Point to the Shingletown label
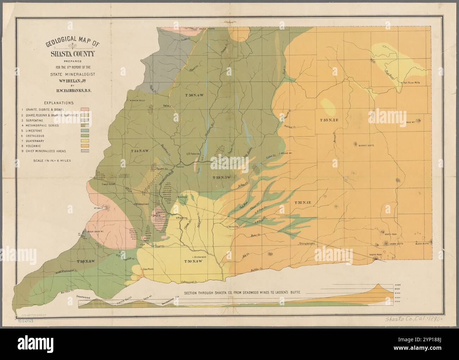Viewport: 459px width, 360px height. (x=308, y=244)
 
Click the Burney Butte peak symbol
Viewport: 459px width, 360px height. (x=355, y=144)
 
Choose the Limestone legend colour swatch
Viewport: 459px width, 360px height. (x=85, y=130)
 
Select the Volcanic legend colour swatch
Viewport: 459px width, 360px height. (x=85, y=146)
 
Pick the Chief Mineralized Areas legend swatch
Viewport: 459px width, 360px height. (x=85, y=151)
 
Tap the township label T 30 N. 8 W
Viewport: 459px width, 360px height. (x=86, y=261)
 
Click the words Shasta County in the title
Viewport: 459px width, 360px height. (x=72, y=54)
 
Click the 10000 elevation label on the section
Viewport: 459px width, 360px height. (x=397, y=285)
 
